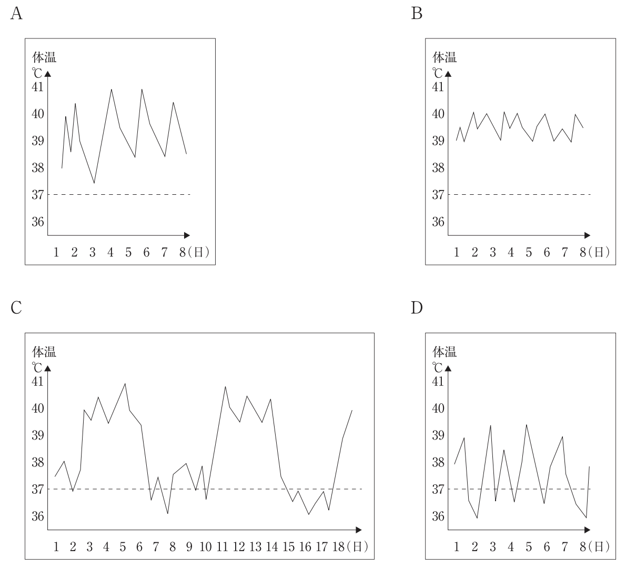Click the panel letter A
[x=16, y=14]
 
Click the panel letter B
[x=417, y=14]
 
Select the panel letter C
[x=16, y=308]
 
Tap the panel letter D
[x=417, y=308]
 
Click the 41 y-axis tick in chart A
[x=38, y=87]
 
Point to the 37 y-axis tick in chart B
[x=438, y=195]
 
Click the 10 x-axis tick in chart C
[x=205, y=547]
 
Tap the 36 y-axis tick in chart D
[x=438, y=516]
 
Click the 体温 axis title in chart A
[x=45, y=57]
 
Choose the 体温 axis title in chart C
[x=45, y=352]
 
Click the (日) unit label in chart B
[x=599, y=253]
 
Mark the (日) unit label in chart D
[x=599, y=547]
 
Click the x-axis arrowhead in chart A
[x=187, y=235]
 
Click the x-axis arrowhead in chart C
[x=359, y=530]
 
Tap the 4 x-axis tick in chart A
[x=110, y=253]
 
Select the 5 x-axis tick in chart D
[x=529, y=547]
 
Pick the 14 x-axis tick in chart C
[x=271, y=547]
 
